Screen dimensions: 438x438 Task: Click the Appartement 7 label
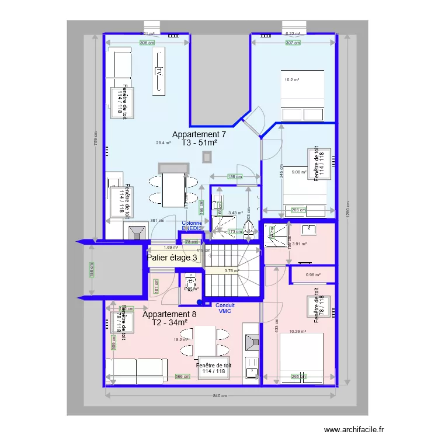[199, 134]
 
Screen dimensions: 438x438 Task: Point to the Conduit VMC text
[225, 308]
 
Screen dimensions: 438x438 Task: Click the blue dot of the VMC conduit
[200, 303]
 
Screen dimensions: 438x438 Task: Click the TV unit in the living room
[158, 71]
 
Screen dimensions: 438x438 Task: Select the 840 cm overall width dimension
[219, 396]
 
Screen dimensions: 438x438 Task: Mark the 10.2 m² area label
[291, 80]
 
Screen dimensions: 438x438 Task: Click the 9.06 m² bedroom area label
[298, 172]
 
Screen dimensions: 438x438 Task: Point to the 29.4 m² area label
[164, 143]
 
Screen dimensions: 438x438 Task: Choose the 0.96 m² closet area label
[314, 275]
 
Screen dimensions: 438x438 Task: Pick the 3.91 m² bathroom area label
[300, 244]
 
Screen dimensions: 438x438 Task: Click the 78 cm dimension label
[190, 242]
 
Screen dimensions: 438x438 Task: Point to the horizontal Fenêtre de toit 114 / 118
[214, 368]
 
